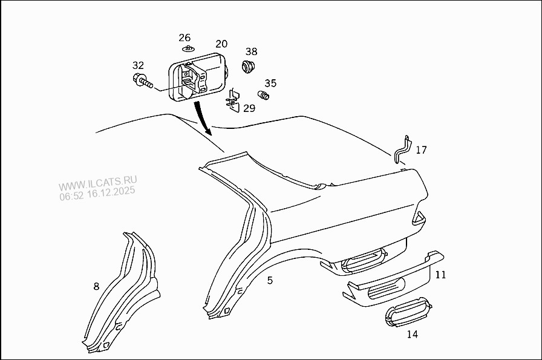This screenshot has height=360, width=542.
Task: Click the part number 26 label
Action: (184, 38)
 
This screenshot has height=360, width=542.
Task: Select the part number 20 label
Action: (221, 44)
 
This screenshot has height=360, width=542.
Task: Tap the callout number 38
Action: (251, 51)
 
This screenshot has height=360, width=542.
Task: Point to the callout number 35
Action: (270, 83)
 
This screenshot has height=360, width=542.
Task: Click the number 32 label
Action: (139, 65)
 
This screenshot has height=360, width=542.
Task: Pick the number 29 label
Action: (249, 108)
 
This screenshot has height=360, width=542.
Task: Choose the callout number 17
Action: (421, 149)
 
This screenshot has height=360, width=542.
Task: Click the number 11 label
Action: (440, 275)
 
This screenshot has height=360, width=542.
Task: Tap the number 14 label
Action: (412, 334)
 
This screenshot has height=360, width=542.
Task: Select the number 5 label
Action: (270, 280)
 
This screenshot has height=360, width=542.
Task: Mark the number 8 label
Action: (96, 286)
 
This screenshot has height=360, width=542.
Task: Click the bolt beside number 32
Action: (142, 80)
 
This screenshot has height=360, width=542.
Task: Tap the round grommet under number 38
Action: (249, 66)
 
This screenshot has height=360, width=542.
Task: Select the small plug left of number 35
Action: (264, 96)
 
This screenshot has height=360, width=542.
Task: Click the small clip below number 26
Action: (188, 48)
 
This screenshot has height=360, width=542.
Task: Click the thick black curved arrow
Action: (202, 119)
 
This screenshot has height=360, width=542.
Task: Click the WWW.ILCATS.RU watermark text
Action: (98, 183)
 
